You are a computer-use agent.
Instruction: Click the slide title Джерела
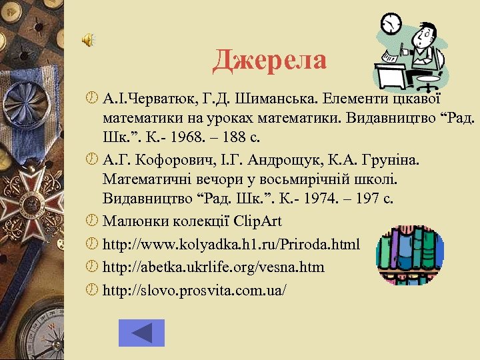pos(270,61)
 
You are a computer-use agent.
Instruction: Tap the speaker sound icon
pos(88,41)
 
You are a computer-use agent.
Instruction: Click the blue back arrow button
pos(141,333)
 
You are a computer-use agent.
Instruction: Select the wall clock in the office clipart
pos(391,23)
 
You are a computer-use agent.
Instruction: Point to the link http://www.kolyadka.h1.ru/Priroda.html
pos(231,245)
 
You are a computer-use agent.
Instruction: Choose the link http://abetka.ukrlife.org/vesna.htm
pos(213,267)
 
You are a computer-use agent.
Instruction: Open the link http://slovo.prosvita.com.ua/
pos(195,291)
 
